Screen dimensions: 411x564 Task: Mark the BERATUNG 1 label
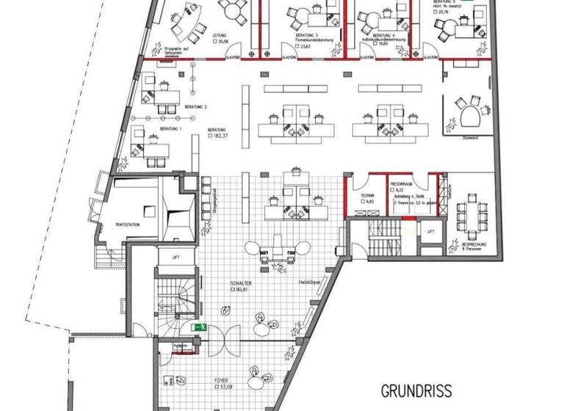(x=170, y=128)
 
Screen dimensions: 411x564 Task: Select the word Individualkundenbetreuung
(x=383, y=40)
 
